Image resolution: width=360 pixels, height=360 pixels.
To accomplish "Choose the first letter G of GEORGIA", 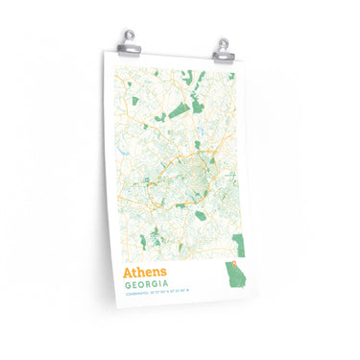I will click(126, 285).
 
